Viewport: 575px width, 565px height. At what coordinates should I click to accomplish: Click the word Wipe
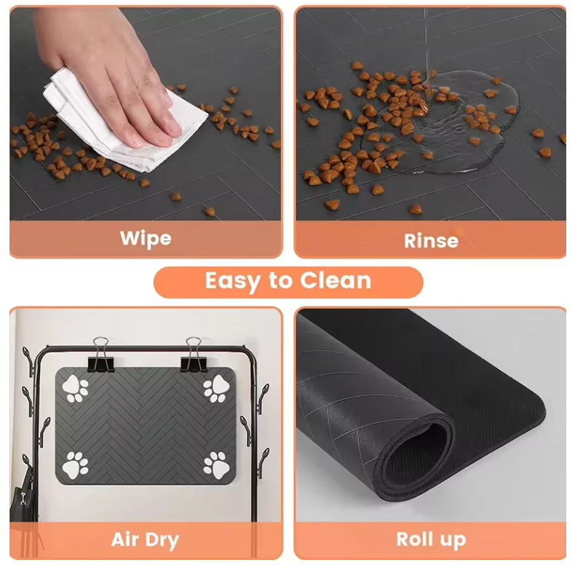coord(146,238)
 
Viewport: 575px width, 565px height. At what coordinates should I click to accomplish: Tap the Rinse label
coord(431,240)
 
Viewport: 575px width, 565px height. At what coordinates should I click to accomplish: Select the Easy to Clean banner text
coord(287,281)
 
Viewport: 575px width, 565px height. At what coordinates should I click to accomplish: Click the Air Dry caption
coord(145,540)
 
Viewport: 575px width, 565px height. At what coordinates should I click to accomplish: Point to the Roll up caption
coord(431,540)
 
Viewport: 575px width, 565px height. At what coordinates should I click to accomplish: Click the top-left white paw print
coord(76,389)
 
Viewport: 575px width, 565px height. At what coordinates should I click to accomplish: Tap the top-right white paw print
coord(215,389)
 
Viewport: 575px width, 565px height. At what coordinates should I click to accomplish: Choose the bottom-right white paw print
coord(215,465)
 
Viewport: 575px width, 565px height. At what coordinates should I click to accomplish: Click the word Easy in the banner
coord(231,281)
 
